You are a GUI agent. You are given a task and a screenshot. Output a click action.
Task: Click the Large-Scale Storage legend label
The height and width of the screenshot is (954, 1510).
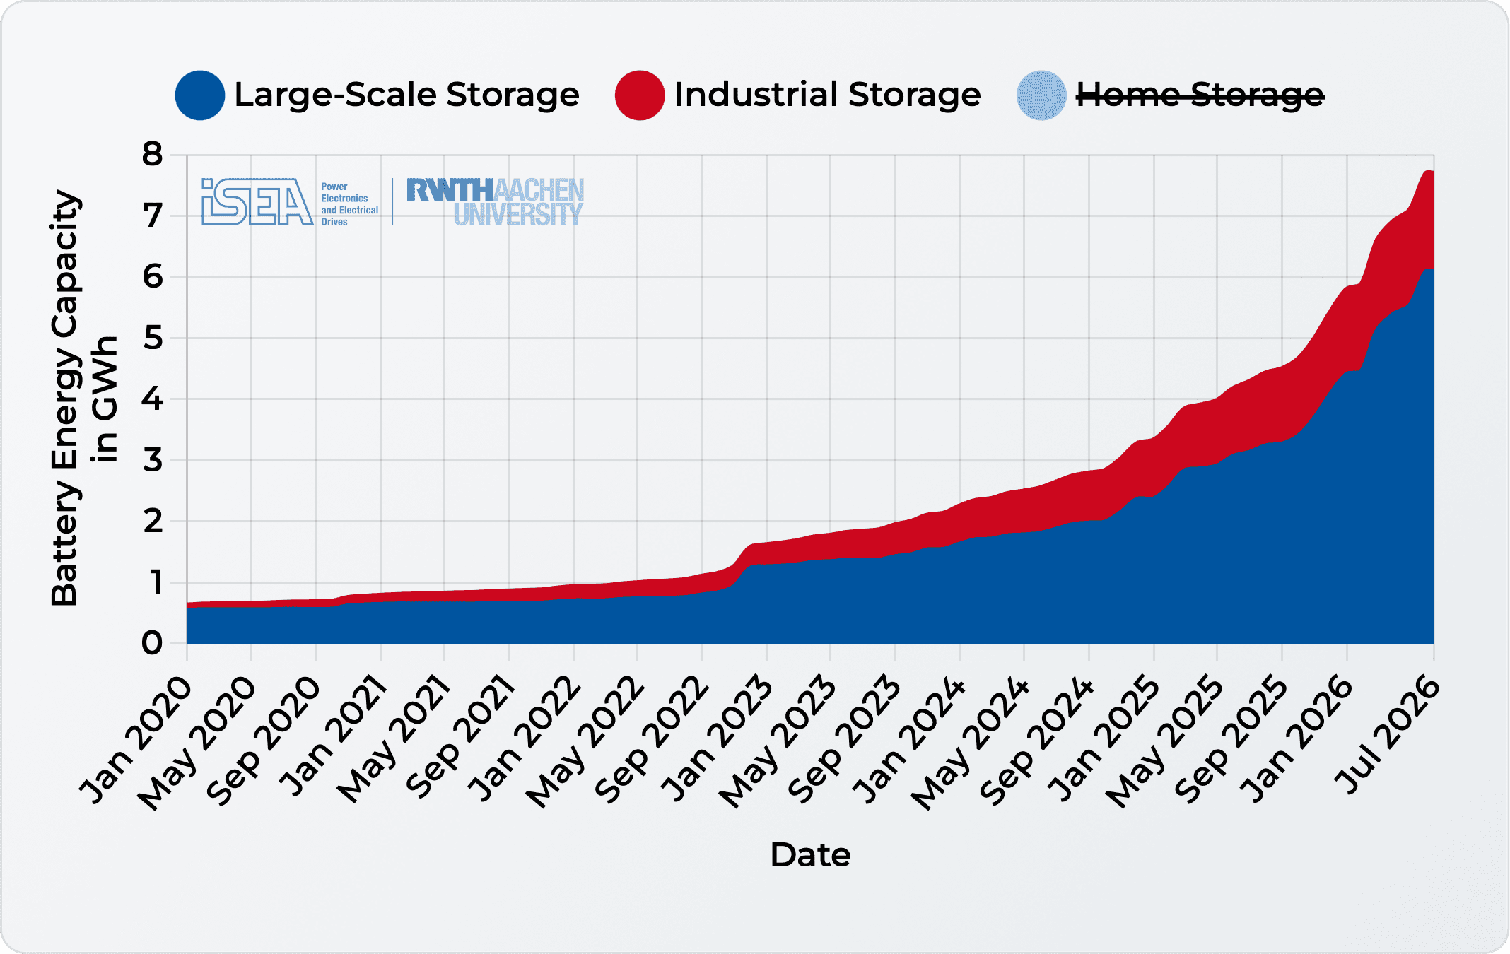[406, 95]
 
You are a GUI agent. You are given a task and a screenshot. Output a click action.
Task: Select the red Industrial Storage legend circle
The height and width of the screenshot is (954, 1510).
[640, 95]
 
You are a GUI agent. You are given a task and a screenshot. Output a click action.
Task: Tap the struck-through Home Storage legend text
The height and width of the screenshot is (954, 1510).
[1200, 95]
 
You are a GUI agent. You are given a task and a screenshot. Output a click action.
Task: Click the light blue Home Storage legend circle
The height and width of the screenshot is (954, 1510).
[1041, 95]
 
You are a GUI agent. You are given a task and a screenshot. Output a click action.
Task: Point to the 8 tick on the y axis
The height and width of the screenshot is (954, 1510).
[152, 154]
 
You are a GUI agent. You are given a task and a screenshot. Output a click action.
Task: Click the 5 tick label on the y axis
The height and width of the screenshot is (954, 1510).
[152, 338]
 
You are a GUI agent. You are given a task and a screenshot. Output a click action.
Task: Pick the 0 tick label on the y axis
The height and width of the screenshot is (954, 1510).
[152, 644]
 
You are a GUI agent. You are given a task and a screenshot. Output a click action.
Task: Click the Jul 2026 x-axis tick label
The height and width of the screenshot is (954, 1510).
[1386, 735]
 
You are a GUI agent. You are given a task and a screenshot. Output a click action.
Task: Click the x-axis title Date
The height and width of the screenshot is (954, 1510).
[810, 855]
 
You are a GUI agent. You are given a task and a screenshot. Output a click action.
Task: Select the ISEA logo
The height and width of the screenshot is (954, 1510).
[257, 202]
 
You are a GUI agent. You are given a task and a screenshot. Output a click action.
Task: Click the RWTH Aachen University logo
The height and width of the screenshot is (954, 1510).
[495, 202]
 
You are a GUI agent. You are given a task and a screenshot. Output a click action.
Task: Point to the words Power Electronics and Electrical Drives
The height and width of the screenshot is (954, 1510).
[349, 204]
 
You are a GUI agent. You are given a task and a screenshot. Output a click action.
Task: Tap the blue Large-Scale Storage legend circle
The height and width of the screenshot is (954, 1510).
[200, 95]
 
